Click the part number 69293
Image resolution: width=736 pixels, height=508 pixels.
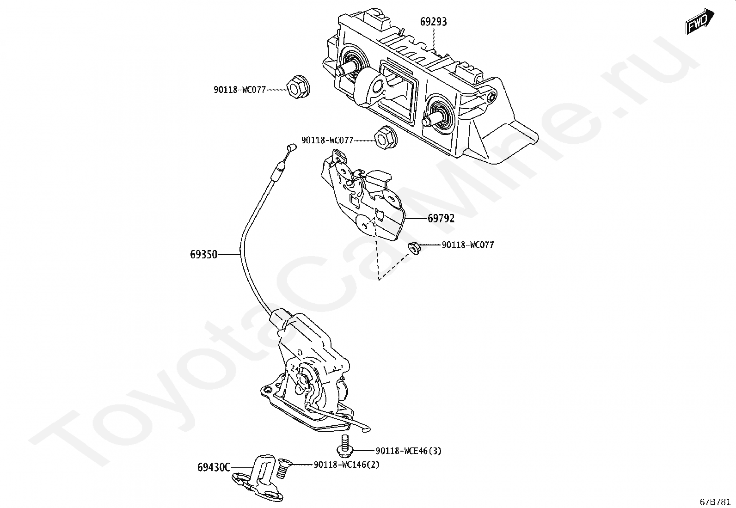(x=433, y=22)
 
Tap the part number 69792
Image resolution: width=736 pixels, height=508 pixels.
(x=441, y=218)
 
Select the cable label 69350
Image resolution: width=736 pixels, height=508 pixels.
(x=203, y=254)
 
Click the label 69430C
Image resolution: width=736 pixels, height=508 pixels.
(x=214, y=467)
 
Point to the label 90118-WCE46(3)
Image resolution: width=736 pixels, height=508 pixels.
(x=408, y=451)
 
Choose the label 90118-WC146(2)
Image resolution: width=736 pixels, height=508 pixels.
(x=346, y=465)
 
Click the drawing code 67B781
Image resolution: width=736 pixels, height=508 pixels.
(x=715, y=502)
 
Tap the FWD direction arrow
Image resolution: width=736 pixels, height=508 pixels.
(x=699, y=21)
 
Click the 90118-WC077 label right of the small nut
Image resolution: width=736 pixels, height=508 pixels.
(x=467, y=245)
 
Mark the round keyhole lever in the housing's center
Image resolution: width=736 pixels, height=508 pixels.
(x=374, y=87)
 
